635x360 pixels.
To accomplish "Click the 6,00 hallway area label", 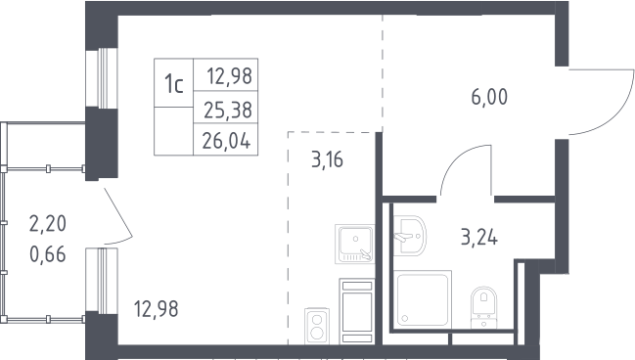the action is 489,97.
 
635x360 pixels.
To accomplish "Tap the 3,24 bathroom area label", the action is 479,237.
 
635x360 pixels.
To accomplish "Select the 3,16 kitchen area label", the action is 327,159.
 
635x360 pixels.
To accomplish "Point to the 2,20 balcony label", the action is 48,223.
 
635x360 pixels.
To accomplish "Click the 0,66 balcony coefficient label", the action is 48,254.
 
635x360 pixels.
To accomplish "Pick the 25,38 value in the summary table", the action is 228,110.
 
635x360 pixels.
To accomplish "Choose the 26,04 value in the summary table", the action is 226,141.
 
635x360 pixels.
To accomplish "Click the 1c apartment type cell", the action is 174,84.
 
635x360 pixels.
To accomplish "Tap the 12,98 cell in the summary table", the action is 230,75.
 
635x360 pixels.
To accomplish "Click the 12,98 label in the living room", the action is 156,308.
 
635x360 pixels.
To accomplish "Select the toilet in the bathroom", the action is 484,307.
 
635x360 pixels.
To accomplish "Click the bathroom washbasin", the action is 409,236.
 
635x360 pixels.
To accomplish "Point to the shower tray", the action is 422,299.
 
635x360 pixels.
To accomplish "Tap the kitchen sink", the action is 355,244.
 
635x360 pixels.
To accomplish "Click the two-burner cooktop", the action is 317,326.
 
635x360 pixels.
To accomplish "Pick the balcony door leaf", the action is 118,211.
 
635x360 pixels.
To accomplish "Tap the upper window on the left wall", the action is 102,78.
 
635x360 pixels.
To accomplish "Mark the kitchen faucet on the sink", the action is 366,254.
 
